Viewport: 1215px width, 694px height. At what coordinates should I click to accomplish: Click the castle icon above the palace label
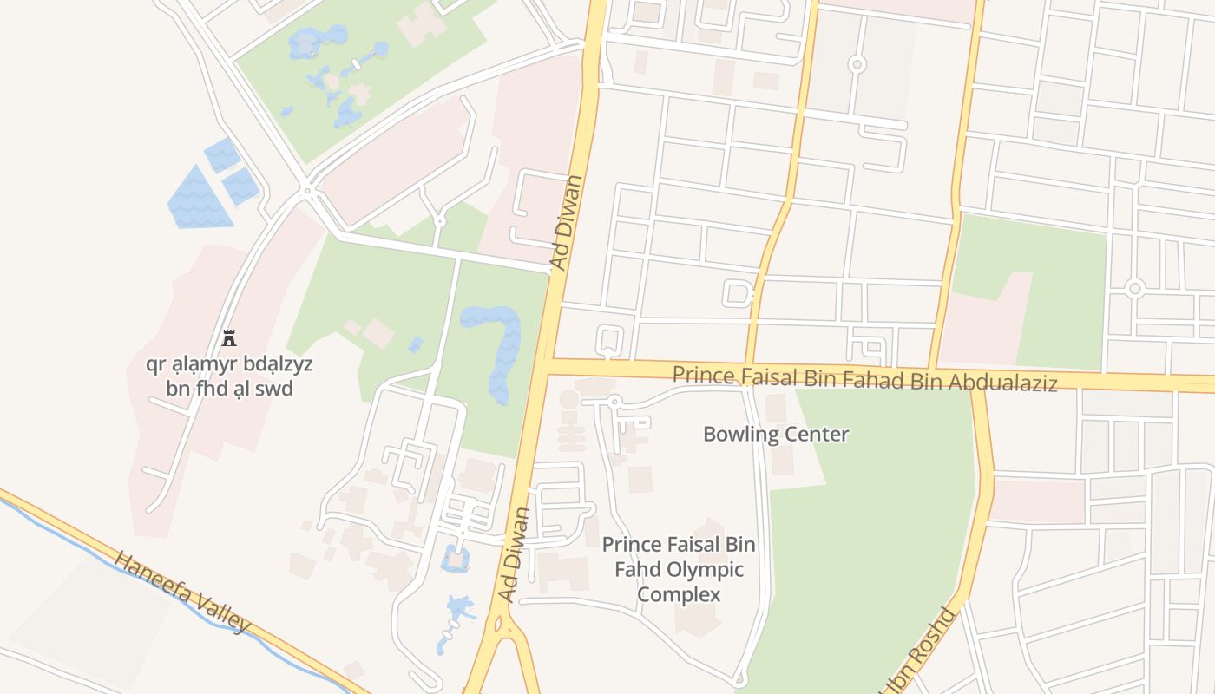click(229, 337)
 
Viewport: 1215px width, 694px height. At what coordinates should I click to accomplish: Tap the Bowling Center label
click(776, 434)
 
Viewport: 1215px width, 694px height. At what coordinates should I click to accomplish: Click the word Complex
click(679, 594)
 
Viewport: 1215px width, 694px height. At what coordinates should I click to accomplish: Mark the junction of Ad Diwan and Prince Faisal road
click(547, 364)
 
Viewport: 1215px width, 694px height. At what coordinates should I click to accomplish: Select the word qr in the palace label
click(156, 363)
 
